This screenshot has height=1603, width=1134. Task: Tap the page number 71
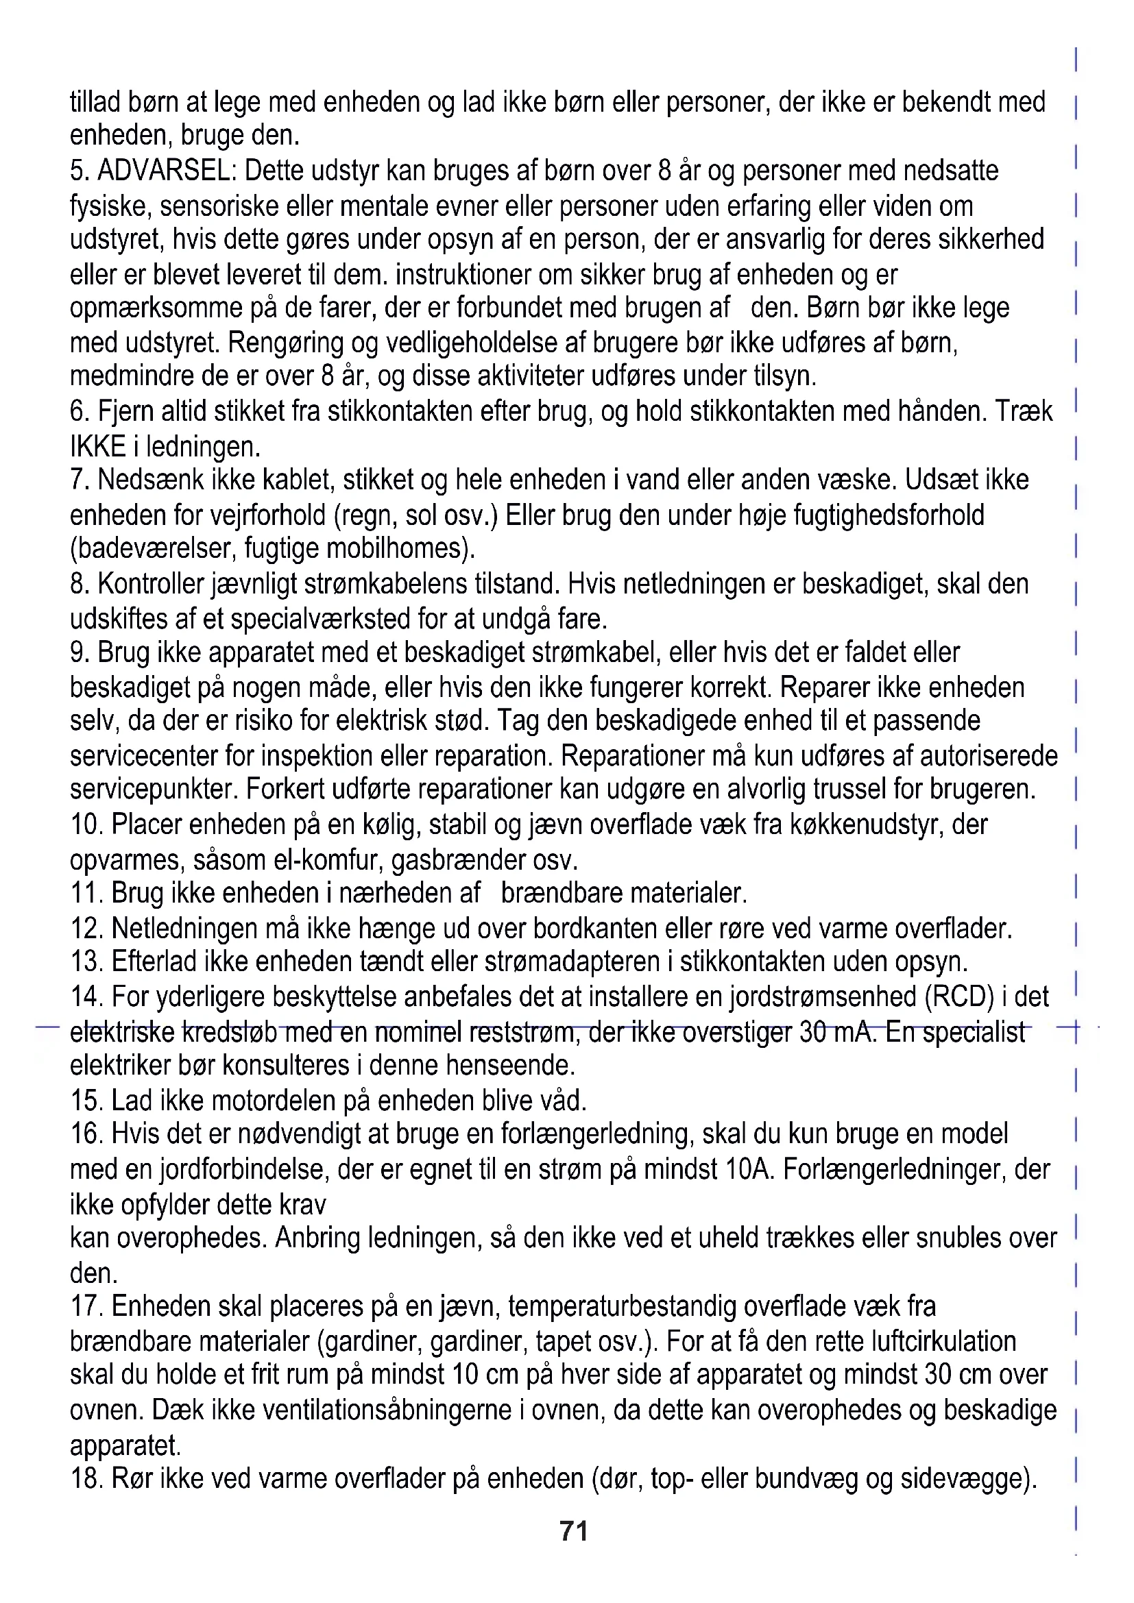(573, 1531)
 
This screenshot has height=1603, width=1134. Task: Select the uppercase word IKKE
(99, 446)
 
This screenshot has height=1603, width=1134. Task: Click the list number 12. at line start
(86, 929)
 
